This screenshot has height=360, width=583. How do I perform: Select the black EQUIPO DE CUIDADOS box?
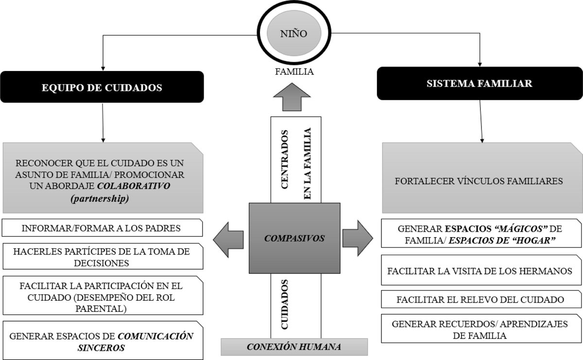point(102,88)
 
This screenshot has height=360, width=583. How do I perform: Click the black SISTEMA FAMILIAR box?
point(479,84)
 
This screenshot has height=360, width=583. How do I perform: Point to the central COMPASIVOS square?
point(294,238)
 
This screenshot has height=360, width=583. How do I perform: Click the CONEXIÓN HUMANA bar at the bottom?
point(294,347)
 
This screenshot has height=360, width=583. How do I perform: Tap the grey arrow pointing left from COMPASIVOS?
point(229,238)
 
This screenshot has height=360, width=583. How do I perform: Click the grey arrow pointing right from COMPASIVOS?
point(358,238)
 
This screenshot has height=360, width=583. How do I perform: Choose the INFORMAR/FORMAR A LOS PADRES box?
point(102,228)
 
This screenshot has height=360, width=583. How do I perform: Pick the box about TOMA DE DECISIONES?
point(102,257)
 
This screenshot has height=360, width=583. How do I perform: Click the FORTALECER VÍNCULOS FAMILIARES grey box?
point(482,181)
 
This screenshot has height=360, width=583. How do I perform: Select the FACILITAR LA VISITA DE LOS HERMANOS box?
point(482,271)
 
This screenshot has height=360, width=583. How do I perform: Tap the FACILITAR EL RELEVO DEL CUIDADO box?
point(482,299)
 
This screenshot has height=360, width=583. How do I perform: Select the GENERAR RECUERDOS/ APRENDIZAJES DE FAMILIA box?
point(482,329)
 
